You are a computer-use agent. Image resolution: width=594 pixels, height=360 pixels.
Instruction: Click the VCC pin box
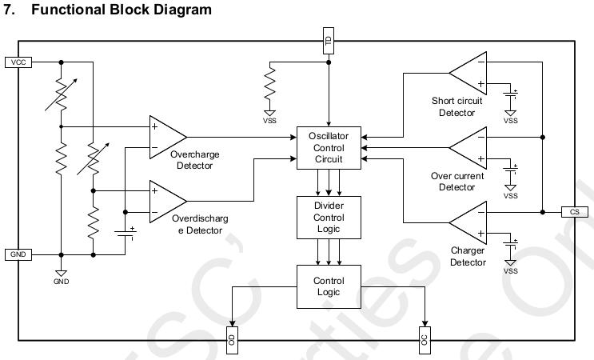tap(18, 62)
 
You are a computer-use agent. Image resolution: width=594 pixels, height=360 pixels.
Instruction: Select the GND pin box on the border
tap(18, 254)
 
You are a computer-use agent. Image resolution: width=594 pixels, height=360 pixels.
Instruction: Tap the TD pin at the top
tap(329, 41)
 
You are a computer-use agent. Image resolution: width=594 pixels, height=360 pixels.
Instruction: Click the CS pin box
tap(575, 212)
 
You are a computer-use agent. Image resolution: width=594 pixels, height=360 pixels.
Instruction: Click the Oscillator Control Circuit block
tap(329, 147)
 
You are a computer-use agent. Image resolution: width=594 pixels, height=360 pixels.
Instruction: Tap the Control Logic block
tap(329, 286)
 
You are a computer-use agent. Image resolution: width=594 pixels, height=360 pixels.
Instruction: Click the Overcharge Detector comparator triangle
tap(165, 137)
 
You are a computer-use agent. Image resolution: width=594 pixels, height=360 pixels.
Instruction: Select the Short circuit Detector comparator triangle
tap(470, 72)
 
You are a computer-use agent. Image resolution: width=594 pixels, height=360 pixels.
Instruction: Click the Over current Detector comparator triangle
tap(470, 147)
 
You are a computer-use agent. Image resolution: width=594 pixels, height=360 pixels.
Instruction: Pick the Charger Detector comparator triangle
tap(470, 222)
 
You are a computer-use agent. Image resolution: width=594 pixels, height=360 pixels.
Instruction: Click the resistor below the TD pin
tap(270, 85)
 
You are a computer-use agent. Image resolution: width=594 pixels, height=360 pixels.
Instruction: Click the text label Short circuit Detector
tap(456, 107)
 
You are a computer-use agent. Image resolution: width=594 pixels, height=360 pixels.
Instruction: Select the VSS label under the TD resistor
tap(270, 122)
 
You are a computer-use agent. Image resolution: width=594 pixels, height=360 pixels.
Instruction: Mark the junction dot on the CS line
tap(542, 212)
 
